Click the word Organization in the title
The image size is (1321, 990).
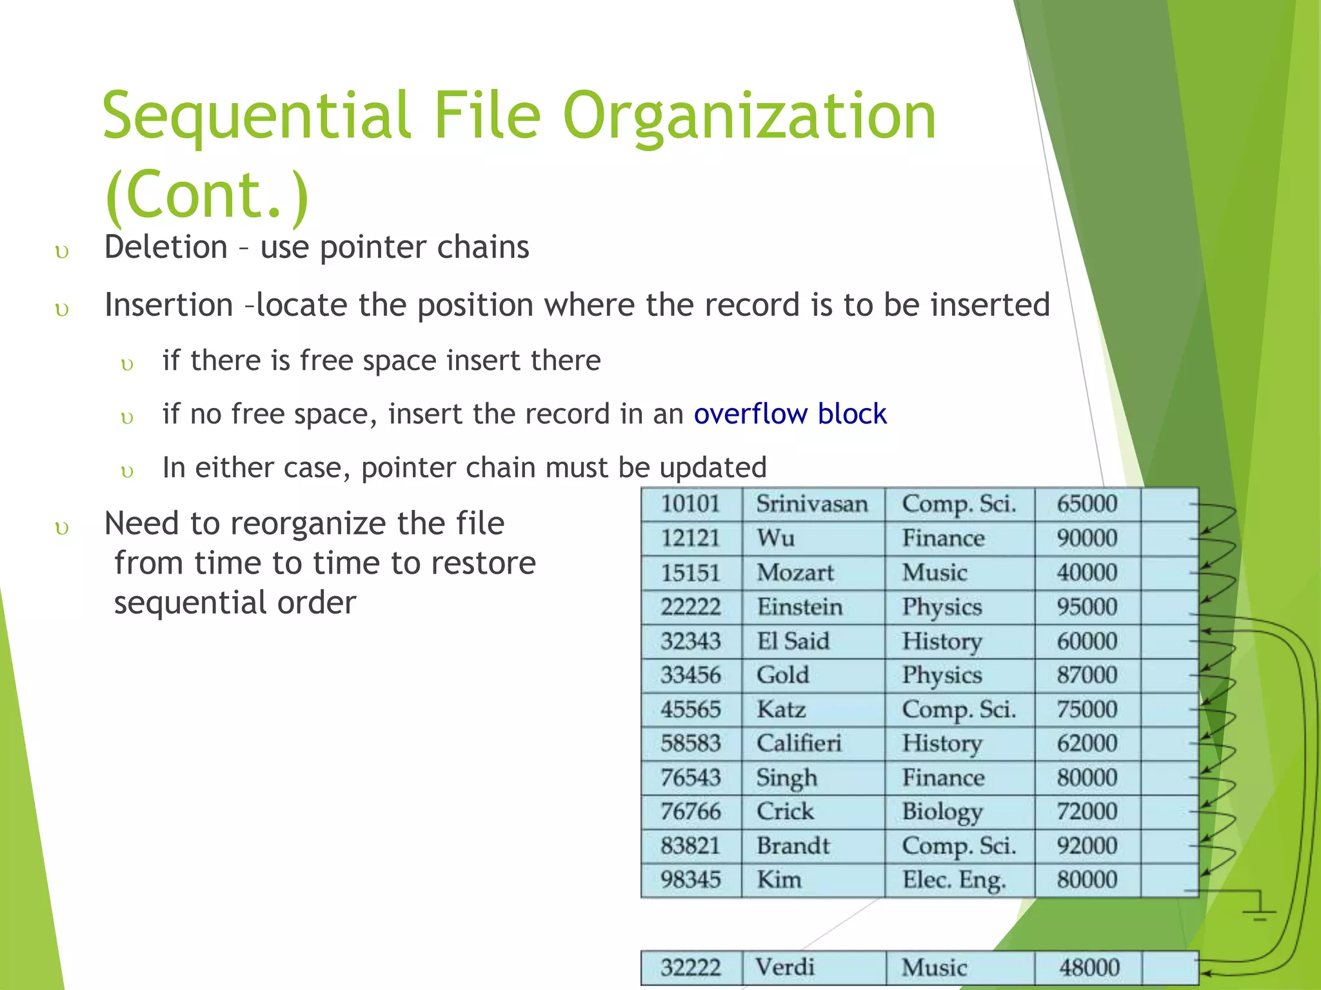(750, 116)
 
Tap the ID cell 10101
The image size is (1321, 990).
(690, 503)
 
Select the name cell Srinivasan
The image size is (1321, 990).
(812, 503)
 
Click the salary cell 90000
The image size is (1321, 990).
(1087, 538)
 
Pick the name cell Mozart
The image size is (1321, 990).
(795, 572)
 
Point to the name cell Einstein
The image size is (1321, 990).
(800, 607)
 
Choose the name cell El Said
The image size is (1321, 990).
(793, 641)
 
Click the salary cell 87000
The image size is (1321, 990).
(1087, 675)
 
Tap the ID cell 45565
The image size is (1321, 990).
(690, 709)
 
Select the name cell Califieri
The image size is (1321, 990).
(799, 743)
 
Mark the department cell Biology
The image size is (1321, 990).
(942, 811)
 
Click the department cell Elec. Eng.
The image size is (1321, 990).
(954, 880)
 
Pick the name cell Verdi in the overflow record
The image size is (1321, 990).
(785, 967)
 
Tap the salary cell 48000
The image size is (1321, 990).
(1089, 967)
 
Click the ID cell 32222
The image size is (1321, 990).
(690, 967)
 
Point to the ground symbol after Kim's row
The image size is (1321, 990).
(1258, 911)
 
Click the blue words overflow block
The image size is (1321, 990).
(790, 414)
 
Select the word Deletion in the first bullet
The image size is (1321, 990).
(166, 247)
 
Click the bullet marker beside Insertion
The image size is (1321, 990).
(62, 310)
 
